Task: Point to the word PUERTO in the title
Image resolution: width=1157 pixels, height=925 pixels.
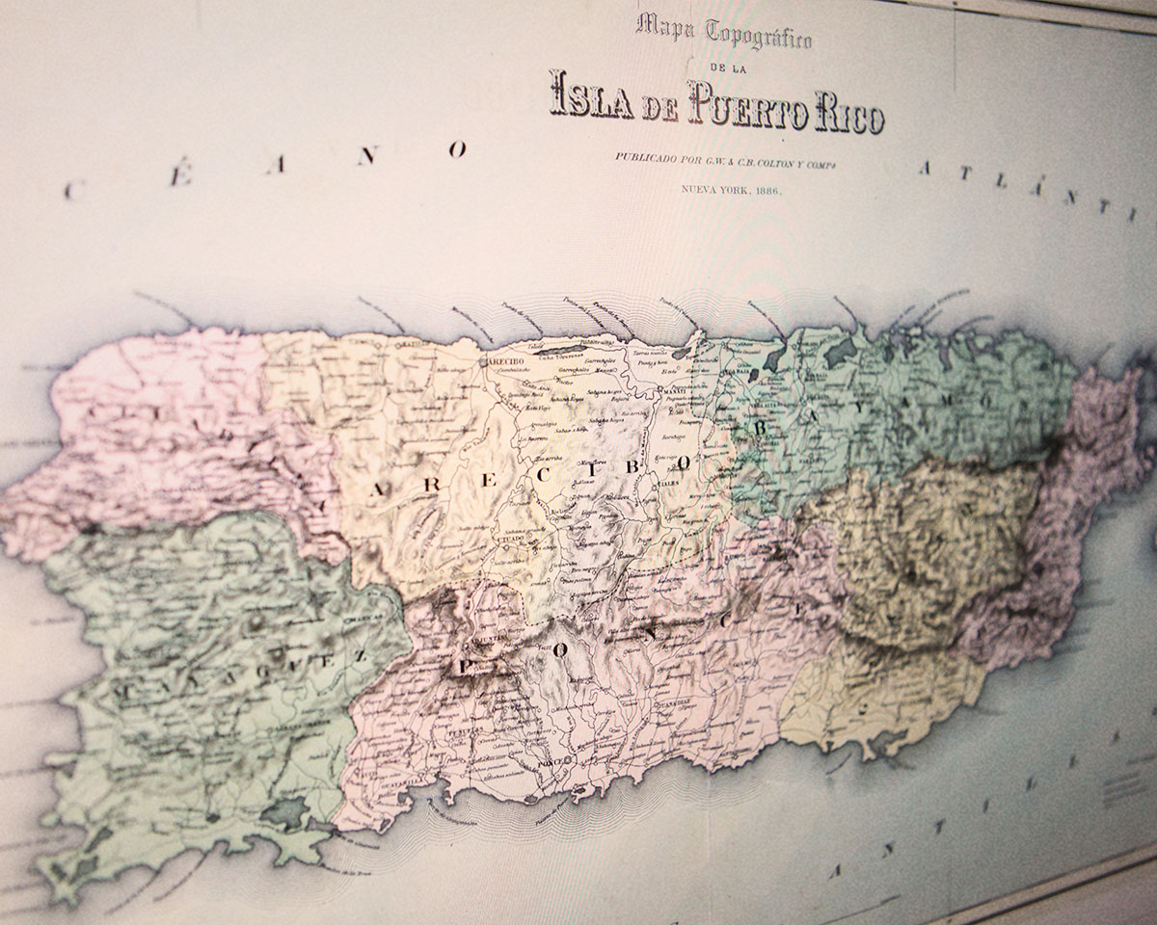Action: point(742,107)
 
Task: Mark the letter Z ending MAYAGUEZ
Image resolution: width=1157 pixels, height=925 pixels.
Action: point(359,655)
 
